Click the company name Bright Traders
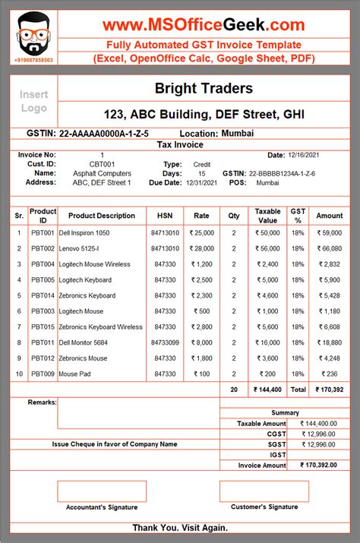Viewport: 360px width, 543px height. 204,89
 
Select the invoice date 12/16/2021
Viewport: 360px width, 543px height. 305,155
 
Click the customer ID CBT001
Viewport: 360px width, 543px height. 103,164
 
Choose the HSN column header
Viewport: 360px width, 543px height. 165,216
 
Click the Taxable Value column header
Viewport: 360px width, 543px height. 267,216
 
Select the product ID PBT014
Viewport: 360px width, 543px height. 43,295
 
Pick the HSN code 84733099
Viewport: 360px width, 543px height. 165,343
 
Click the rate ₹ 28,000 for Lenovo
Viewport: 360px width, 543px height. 201,248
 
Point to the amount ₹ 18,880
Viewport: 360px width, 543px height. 330,343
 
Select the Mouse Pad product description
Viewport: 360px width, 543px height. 75,374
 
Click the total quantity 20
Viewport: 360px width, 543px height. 233,390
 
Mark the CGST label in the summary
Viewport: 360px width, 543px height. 276,434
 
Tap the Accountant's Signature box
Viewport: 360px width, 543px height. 101,491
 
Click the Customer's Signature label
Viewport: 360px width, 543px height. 264,507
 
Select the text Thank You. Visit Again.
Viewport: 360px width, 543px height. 181,528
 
